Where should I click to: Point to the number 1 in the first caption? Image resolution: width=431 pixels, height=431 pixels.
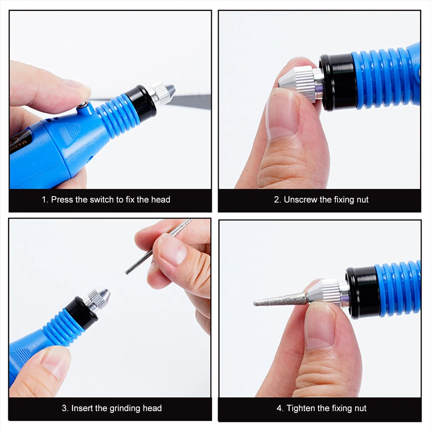tap(44, 200)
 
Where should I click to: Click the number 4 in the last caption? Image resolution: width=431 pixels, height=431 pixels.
tap(279, 409)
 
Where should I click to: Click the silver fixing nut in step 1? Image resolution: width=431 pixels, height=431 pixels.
tap(162, 93)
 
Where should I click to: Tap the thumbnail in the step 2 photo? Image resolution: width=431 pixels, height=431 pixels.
tap(281, 115)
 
